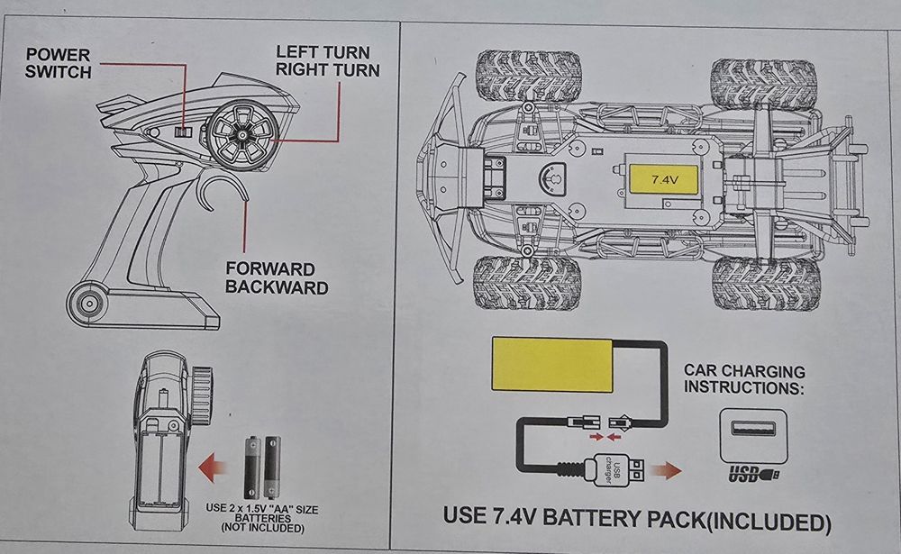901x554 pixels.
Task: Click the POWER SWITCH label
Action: [59, 63]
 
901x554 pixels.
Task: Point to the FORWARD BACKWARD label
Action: [269, 278]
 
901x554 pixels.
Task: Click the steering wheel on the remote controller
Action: [242, 134]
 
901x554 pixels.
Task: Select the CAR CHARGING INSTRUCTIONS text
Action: [744, 378]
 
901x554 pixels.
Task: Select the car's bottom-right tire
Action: [766, 284]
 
